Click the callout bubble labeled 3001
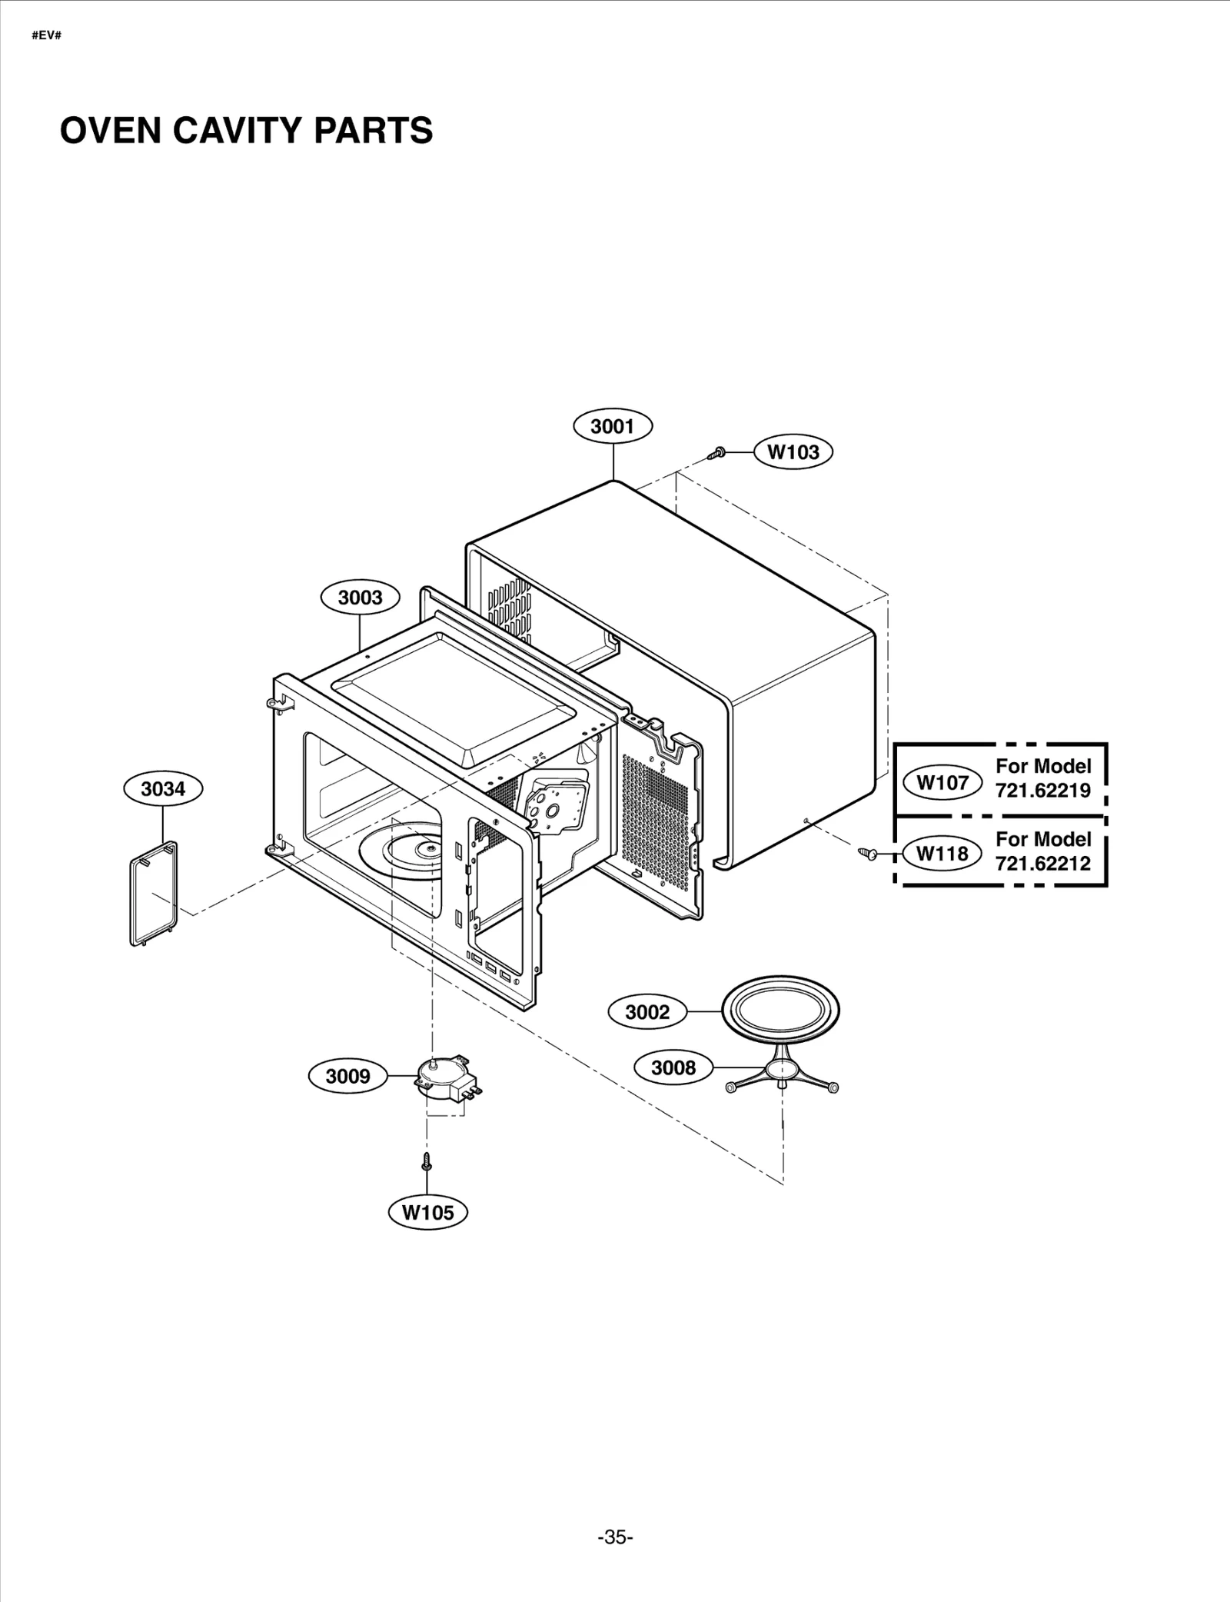pyautogui.click(x=613, y=426)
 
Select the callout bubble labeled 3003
pyautogui.click(x=360, y=598)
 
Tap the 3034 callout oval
pyautogui.click(x=164, y=788)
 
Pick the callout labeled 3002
pyautogui.click(x=647, y=1012)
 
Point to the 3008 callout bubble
pyautogui.click(x=673, y=1067)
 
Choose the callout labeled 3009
pyautogui.click(x=348, y=1076)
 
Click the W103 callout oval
pyautogui.click(x=793, y=452)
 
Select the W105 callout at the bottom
pyautogui.click(x=428, y=1213)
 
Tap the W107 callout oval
pyautogui.click(x=942, y=783)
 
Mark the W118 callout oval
pyautogui.click(x=942, y=853)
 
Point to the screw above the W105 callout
pyautogui.click(x=427, y=1162)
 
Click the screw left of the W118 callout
pyautogui.click(x=868, y=852)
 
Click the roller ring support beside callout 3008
pyautogui.click(x=782, y=1074)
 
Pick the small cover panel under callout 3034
pyautogui.click(x=153, y=893)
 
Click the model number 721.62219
pyautogui.click(x=1042, y=790)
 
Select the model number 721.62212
pyautogui.click(x=1042, y=863)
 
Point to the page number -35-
pyautogui.click(x=615, y=1515)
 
